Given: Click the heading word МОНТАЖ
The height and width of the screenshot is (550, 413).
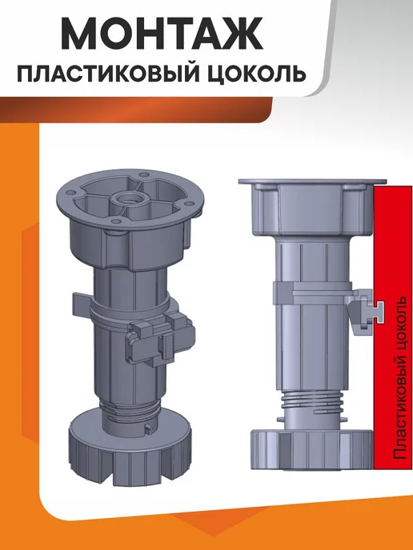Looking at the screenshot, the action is click(x=162, y=34).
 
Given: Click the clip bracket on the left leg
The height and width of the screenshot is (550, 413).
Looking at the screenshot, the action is click(x=160, y=340).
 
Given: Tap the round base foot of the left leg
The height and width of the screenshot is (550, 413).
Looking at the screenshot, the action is click(x=130, y=450).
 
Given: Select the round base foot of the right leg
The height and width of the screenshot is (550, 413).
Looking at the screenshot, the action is click(x=311, y=450).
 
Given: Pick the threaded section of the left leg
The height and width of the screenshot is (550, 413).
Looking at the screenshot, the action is click(x=128, y=408).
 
